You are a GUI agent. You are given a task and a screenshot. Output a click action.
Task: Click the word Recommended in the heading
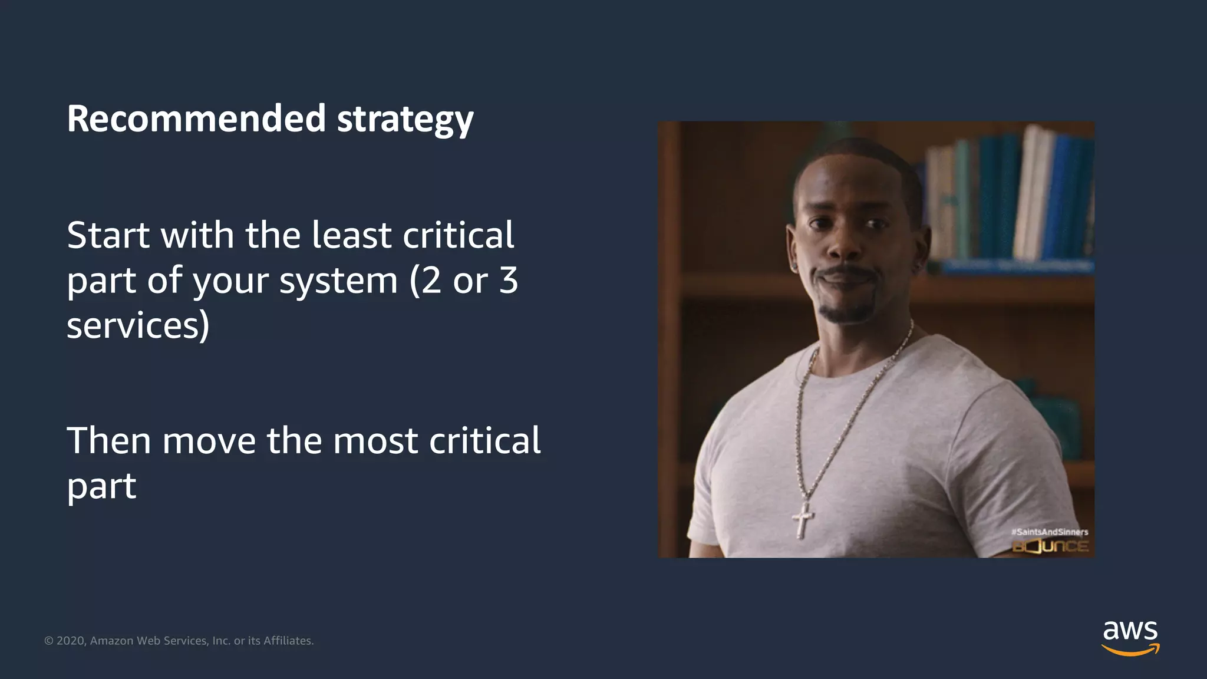pos(196,118)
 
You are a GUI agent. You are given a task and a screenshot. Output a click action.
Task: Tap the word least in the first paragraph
pos(351,235)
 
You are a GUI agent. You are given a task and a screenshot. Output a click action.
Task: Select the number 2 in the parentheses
pos(431,281)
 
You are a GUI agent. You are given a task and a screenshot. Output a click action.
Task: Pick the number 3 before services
pos(508,281)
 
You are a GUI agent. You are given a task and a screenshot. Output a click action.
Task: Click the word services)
pos(138,325)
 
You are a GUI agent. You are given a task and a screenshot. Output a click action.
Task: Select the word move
pos(209,441)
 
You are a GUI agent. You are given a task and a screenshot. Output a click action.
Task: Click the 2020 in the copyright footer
pos(71,641)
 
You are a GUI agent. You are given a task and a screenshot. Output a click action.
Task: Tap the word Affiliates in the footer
pos(288,641)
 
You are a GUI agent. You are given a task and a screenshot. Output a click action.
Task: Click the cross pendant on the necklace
pos(803,519)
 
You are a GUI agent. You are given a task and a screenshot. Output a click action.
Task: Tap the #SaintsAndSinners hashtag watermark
pos(1050,532)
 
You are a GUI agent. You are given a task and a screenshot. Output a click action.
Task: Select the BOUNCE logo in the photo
pos(1050,546)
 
